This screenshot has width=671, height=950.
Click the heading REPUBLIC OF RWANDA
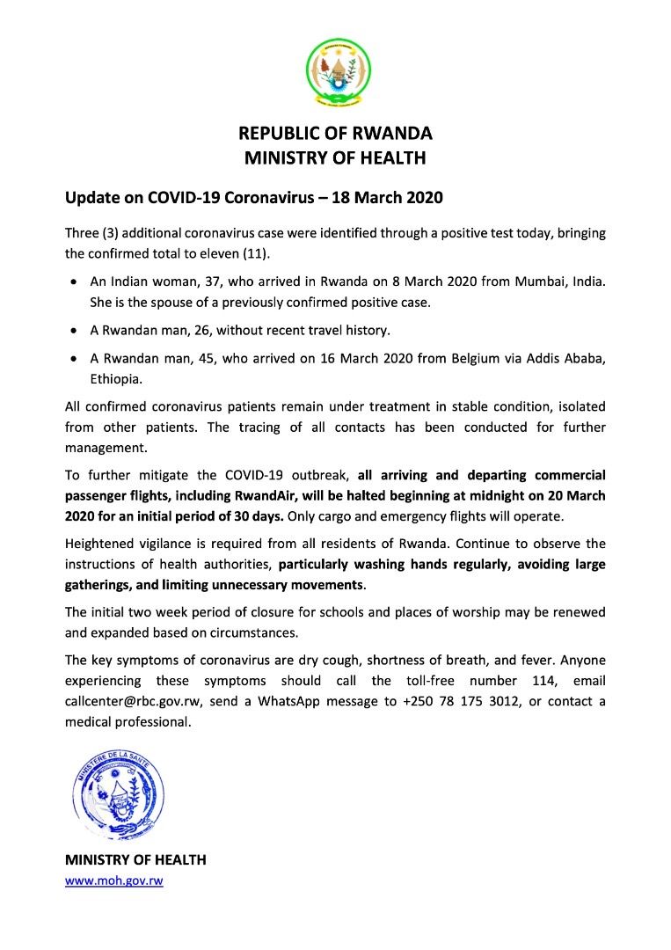(x=336, y=134)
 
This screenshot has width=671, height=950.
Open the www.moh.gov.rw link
(x=113, y=880)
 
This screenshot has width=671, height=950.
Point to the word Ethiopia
(x=114, y=380)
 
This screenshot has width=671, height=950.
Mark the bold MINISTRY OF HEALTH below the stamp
(x=135, y=859)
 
